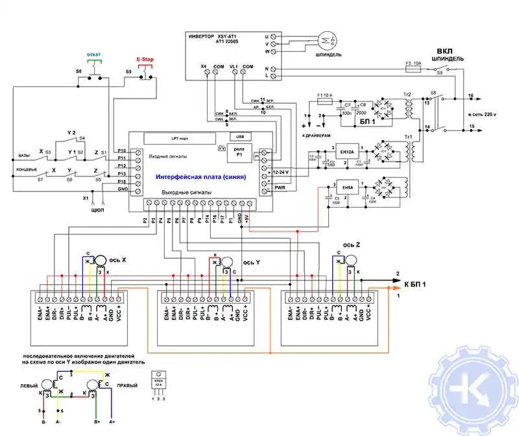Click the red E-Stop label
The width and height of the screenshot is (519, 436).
point(145,58)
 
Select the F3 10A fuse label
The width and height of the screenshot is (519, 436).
point(414,64)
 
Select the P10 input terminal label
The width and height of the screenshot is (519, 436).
point(122,151)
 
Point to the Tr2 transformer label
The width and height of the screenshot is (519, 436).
point(407,95)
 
